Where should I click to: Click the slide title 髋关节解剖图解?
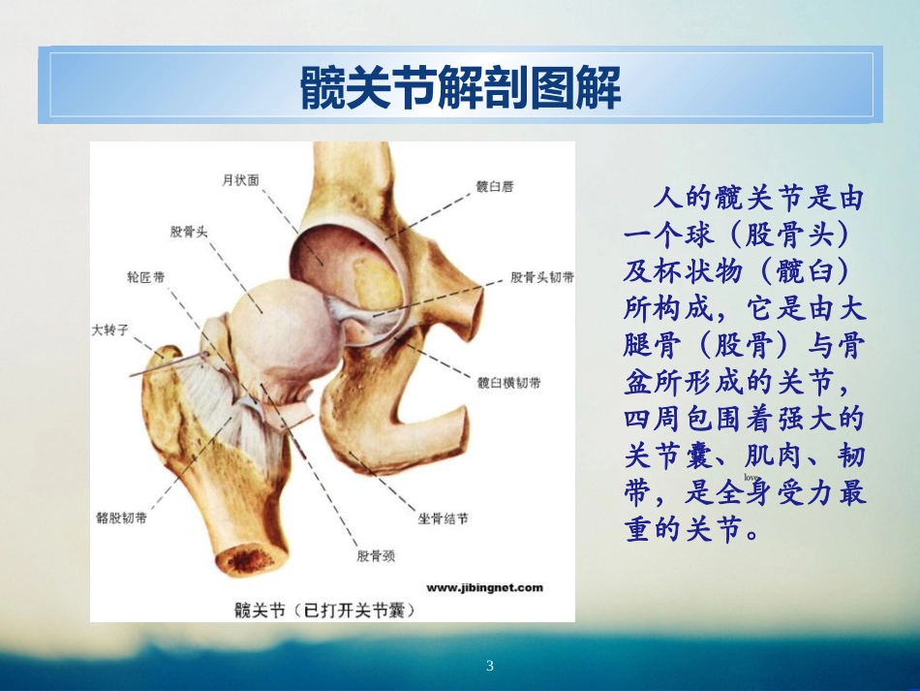[460, 88]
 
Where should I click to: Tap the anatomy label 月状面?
[240, 179]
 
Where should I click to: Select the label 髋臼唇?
[494, 187]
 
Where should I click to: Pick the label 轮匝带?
[145, 277]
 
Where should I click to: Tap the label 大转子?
[110, 330]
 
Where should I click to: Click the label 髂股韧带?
[123, 518]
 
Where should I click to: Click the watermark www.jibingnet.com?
[484, 587]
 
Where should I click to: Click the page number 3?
[489, 666]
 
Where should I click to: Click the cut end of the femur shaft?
[248, 560]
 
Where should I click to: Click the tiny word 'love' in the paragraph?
[750, 479]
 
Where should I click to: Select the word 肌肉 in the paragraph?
[751, 455]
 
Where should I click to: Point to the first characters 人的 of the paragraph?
[684, 201]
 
